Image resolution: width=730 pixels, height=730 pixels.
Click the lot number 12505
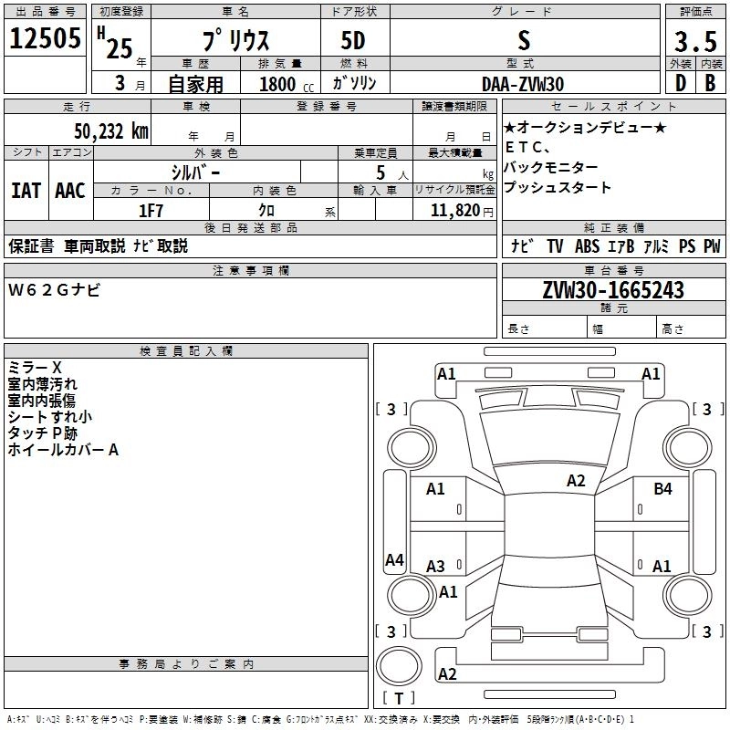(x=44, y=39)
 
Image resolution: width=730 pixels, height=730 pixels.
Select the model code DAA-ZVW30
(x=523, y=84)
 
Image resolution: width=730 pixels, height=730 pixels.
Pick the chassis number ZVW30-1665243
(x=612, y=290)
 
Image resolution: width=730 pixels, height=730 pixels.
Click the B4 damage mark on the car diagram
(x=662, y=489)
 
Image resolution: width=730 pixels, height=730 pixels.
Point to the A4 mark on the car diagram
(x=394, y=560)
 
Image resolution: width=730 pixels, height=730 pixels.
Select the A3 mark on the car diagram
(x=435, y=566)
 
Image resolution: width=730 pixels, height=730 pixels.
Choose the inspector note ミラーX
(x=35, y=368)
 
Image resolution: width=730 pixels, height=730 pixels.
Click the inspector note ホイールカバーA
(x=63, y=450)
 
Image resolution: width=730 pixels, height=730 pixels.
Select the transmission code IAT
(x=26, y=191)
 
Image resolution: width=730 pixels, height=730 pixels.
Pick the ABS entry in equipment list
(x=586, y=245)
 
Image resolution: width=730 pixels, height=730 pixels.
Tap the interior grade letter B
(x=710, y=83)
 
